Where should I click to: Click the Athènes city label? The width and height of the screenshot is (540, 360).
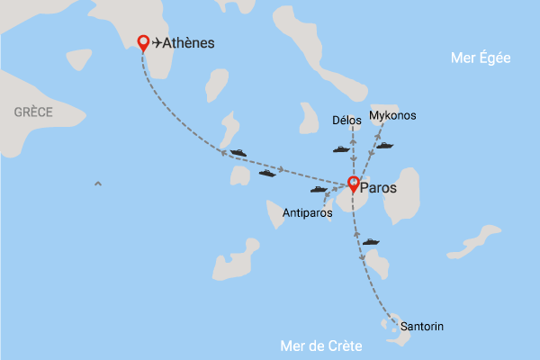[x=189, y=42]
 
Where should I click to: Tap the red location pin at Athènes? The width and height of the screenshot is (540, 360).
[x=142, y=42]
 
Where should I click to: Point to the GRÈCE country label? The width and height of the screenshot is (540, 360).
[x=33, y=112]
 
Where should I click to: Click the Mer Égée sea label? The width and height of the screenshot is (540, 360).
[x=481, y=58]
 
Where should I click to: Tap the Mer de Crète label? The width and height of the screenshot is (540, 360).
[x=321, y=346]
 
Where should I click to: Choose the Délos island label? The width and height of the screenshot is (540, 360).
[x=346, y=120]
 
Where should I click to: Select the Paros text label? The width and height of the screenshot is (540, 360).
[x=378, y=187]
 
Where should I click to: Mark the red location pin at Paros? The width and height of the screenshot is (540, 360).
[x=354, y=185]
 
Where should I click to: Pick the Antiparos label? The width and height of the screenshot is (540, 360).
[x=307, y=213]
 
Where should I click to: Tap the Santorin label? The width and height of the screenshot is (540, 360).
[x=422, y=325]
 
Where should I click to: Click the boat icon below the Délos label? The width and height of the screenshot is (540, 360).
[x=341, y=149]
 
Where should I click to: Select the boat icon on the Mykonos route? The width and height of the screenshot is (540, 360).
[x=385, y=145]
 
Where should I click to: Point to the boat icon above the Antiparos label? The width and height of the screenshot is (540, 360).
[x=319, y=190]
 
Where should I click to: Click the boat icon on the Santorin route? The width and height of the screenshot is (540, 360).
[x=371, y=241]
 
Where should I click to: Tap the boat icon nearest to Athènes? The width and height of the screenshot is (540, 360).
[x=238, y=153]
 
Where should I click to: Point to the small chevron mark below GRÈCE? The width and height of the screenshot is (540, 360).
[x=97, y=184]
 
